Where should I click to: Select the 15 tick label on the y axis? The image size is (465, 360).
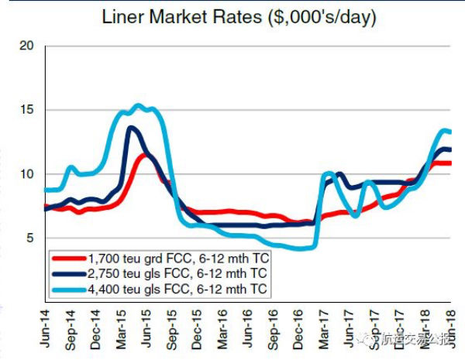(x=28, y=110)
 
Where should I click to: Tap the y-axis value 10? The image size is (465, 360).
(x=28, y=174)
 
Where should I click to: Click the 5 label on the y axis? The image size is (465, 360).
(x=31, y=238)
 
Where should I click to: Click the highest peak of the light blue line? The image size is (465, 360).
(x=137, y=105)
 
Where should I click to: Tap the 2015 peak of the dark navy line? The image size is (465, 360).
(x=130, y=128)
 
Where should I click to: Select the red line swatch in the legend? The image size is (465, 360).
(x=68, y=258)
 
